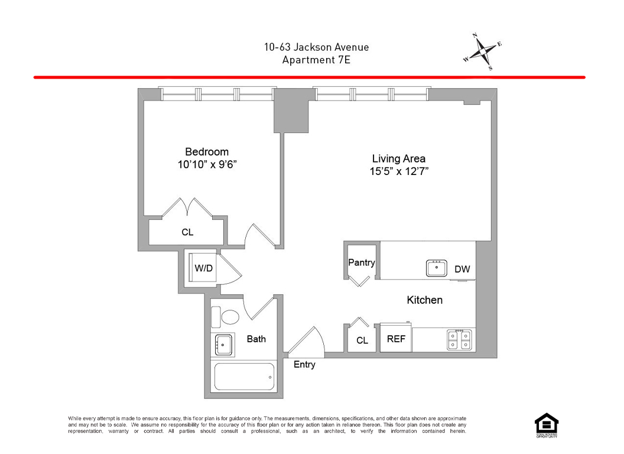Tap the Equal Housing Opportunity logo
[546, 424]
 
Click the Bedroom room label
[206, 152]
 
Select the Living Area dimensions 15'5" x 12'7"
[399, 171]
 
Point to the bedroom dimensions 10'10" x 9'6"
[206, 165]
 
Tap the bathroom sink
[223, 343]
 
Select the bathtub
[245, 376]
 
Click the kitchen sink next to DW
[437, 268]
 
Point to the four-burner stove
[460, 339]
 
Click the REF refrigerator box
[395, 340]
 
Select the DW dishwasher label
[462, 270]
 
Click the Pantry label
[361, 262]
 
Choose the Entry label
[304, 365]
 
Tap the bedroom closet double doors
[187, 208]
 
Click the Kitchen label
[424, 300]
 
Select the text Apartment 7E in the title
[316, 60]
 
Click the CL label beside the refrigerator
[362, 340]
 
